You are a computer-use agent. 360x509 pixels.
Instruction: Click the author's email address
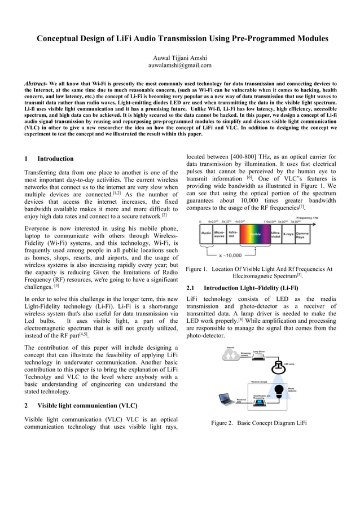179,65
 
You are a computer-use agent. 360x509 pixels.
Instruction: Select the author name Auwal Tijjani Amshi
179,57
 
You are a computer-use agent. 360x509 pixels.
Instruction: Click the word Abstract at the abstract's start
35,84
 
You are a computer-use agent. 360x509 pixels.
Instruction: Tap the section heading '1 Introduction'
49,159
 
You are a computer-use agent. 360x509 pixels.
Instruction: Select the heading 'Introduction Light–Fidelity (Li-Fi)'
252,288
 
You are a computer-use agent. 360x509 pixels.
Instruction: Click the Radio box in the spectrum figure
206,236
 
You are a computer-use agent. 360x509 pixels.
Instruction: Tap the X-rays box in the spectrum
288,236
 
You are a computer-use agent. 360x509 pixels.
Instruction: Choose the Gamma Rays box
303,236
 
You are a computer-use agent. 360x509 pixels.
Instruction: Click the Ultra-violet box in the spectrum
275,236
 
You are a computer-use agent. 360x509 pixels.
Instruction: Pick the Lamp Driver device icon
259,357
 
